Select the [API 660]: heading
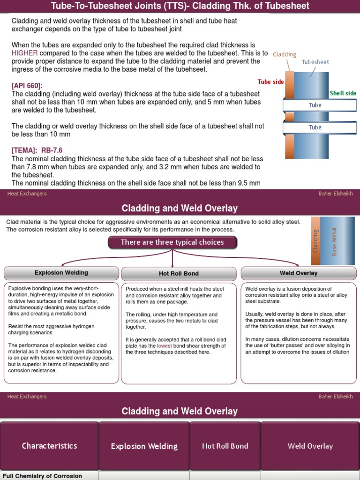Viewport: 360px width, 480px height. point(27,86)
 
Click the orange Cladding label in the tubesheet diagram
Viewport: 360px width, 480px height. point(285,54)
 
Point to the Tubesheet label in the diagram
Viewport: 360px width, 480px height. point(315,62)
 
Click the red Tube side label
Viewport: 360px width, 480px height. point(271,82)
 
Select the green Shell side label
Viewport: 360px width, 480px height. point(343,93)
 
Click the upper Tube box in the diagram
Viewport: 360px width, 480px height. point(315,105)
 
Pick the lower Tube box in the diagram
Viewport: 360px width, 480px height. point(315,127)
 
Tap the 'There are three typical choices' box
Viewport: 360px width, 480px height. point(172,242)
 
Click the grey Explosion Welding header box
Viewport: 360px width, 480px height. point(61,273)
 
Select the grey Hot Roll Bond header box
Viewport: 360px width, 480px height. point(179,274)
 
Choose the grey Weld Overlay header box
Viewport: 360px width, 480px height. point(299,273)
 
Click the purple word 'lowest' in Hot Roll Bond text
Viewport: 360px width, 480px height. point(164,345)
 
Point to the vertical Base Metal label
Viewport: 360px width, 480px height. point(334,241)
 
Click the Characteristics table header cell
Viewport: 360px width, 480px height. point(49,446)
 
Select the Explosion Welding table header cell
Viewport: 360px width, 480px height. point(144,446)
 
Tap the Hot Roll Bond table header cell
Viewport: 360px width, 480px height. point(225,446)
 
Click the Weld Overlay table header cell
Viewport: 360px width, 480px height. point(310,446)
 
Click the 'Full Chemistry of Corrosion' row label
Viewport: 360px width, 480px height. point(43,476)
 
